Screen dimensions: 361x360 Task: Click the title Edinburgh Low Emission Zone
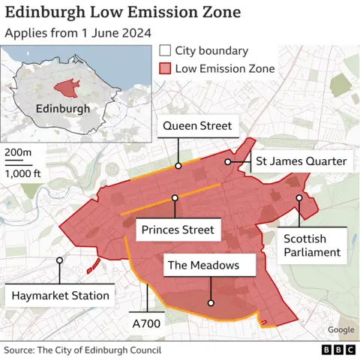(x=123, y=13)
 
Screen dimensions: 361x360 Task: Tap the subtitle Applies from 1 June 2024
(x=78, y=33)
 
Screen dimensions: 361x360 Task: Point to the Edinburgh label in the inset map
(x=62, y=108)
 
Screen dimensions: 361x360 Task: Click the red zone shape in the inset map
(x=67, y=87)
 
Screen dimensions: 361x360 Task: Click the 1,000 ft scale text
(x=23, y=173)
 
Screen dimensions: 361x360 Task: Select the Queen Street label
(x=197, y=125)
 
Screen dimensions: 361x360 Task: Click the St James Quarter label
(x=301, y=161)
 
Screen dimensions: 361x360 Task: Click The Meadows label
(x=203, y=265)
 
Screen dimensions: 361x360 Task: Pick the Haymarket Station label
(x=60, y=296)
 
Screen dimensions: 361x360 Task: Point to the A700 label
(x=146, y=323)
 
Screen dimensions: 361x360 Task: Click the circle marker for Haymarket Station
(x=58, y=260)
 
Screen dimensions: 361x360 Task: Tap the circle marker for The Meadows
(x=211, y=303)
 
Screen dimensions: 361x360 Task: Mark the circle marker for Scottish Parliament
(x=298, y=198)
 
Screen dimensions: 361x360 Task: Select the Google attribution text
(x=340, y=330)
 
